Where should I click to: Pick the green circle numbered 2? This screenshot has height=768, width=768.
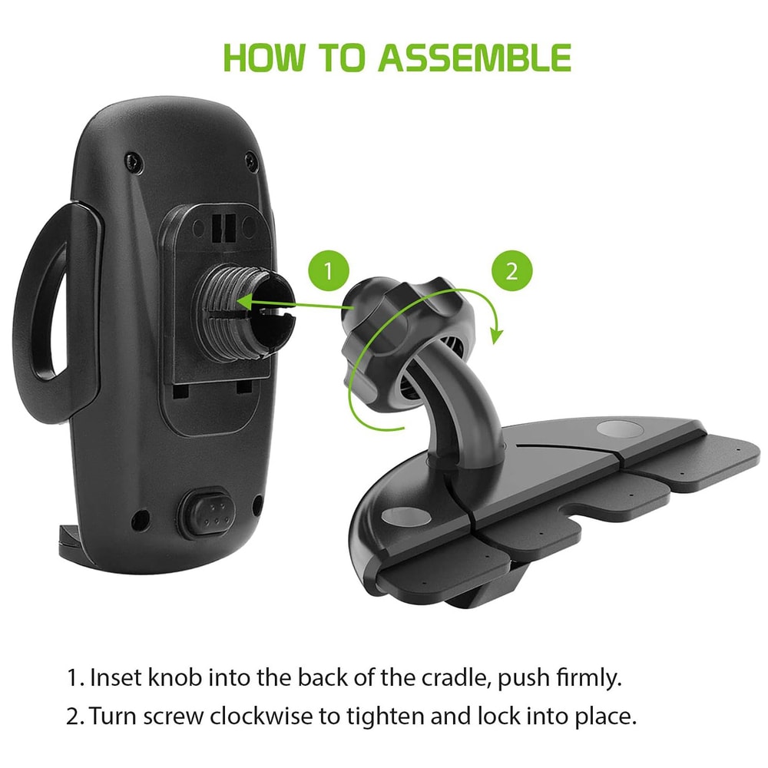(511, 271)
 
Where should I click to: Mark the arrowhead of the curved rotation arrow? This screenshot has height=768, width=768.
(496, 334)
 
